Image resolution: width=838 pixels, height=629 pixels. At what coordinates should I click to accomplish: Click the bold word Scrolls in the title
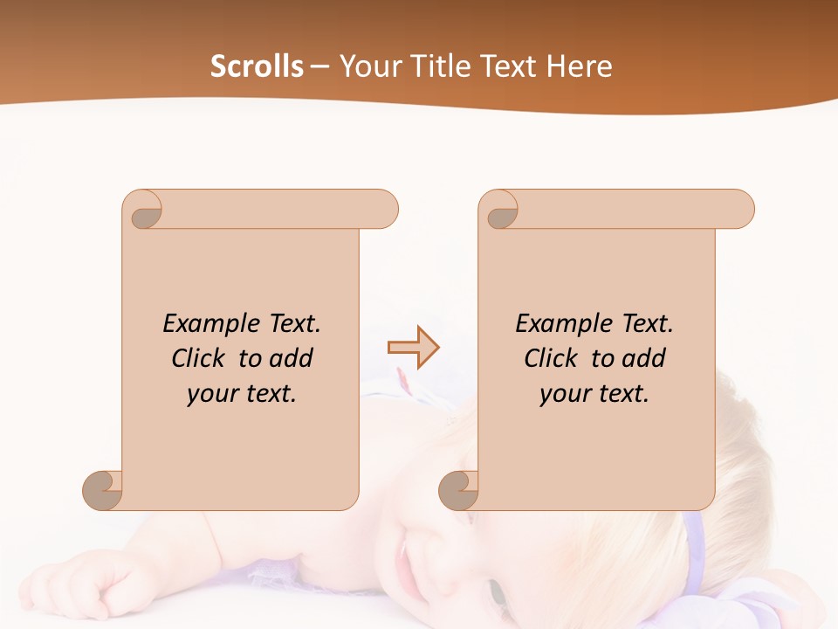tap(257, 66)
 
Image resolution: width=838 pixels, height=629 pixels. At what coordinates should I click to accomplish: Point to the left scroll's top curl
tap(145, 210)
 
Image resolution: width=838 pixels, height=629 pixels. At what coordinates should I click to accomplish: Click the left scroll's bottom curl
tap(103, 489)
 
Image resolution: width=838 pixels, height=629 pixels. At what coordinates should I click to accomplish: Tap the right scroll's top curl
tap(501, 210)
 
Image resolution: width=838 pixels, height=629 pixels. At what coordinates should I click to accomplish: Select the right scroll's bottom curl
tap(459, 489)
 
